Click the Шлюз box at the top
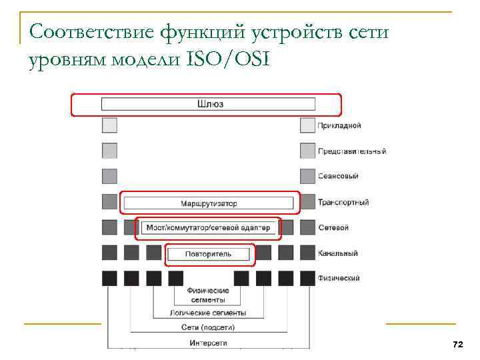[x=208, y=104]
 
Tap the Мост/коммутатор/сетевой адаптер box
[x=208, y=228]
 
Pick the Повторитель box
[x=209, y=254]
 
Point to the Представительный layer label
[x=351, y=151]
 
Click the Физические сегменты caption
[x=208, y=295]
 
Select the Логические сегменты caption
[x=208, y=313]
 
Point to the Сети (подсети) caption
[x=208, y=327]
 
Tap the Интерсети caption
[x=208, y=343]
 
